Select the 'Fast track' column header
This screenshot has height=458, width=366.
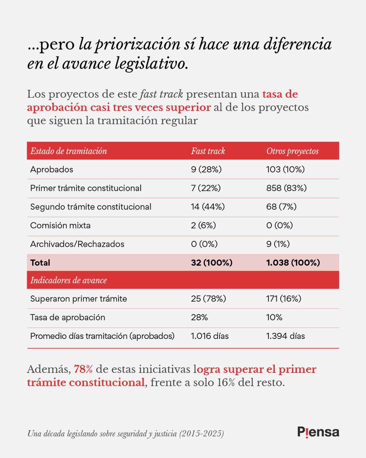click(208, 151)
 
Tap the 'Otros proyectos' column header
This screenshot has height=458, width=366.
click(292, 151)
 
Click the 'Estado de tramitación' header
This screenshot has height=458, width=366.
click(69, 151)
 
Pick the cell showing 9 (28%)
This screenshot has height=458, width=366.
click(206, 169)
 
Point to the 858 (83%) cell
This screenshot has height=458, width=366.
click(286, 188)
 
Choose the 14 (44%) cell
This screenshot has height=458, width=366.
click(208, 207)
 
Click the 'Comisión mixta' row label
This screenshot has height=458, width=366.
click(60, 226)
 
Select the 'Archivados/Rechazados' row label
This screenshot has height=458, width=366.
click(77, 244)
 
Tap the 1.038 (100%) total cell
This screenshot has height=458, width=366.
click(293, 263)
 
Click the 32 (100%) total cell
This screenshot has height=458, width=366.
click(212, 263)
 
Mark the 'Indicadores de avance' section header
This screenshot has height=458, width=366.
click(69, 281)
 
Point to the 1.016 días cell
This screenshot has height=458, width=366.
click(210, 336)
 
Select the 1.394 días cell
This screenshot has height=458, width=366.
click(286, 336)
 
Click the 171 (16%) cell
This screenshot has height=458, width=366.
click(284, 299)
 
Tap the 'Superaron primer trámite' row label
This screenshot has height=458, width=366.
click(79, 299)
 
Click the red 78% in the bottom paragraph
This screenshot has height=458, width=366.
click(83, 369)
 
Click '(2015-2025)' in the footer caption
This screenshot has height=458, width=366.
click(202, 434)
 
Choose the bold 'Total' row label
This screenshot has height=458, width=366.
click(40, 263)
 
